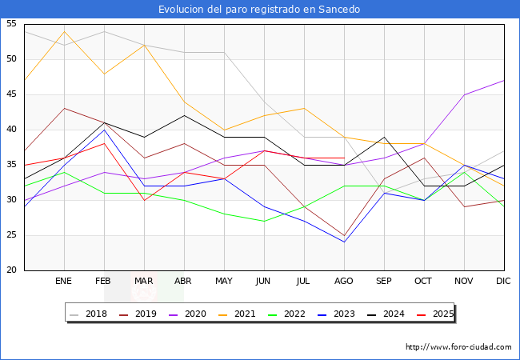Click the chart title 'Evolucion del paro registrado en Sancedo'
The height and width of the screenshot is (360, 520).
259,10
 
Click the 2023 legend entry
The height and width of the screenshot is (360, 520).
342,314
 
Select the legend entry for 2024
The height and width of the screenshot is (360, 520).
391,314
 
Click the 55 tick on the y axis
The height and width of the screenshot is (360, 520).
12,24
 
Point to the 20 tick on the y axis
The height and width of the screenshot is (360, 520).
12,270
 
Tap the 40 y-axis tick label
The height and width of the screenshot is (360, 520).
12,130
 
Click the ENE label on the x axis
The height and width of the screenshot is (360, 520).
64,282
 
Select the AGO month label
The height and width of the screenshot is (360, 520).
344,282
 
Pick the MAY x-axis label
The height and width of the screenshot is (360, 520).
224,282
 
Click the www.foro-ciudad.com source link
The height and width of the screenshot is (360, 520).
458,347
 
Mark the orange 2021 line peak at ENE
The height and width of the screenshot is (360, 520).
64,31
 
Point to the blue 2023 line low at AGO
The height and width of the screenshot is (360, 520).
344,242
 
